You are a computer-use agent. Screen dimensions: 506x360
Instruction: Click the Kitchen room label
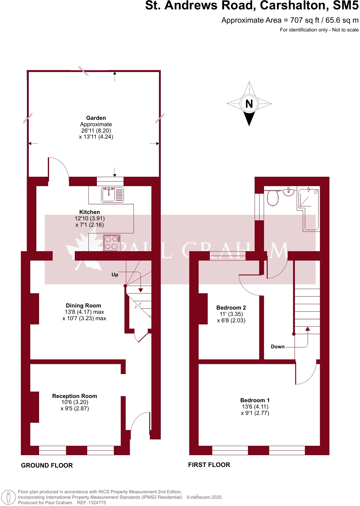pyautogui.click(x=90, y=212)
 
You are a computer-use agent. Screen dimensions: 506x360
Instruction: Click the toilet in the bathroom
pyautogui.click(x=273, y=198)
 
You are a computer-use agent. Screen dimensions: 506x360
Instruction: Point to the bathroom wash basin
pyautogui.click(x=289, y=192)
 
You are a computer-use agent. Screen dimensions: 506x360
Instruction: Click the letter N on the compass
pyautogui.click(x=249, y=104)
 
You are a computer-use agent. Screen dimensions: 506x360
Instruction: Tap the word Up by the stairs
pyautogui.click(x=115, y=275)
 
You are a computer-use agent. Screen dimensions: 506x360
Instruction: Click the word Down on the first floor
pyautogui.click(x=278, y=347)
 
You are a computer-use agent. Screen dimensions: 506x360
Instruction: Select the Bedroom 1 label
pyautogui.click(x=255, y=400)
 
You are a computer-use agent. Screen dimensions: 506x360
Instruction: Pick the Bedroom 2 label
pyautogui.click(x=231, y=308)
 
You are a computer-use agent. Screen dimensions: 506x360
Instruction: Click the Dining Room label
pyautogui.click(x=84, y=306)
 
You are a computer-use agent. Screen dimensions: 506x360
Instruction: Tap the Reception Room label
pyautogui.click(x=75, y=396)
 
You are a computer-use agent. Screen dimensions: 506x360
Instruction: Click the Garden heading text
pyautogui.click(x=96, y=118)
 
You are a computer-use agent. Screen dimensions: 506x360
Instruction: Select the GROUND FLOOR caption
pyautogui.click(x=47, y=465)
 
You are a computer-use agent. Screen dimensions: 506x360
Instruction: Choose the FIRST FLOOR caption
pyautogui.click(x=209, y=465)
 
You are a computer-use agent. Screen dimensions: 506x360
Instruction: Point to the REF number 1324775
pyautogui.click(x=96, y=503)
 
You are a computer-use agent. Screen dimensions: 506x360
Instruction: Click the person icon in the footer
pyautogui.click(x=8, y=497)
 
